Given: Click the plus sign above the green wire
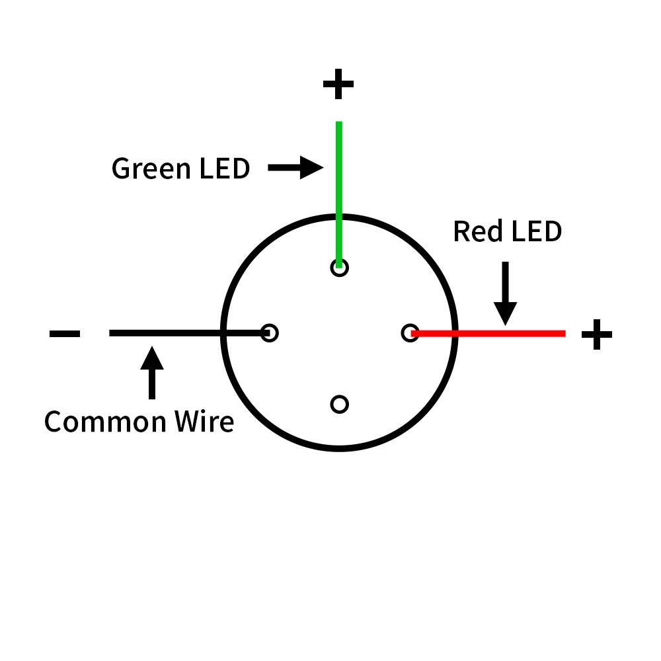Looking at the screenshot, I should [x=338, y=85].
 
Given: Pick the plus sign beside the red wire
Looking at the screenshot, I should [x=596, y=334].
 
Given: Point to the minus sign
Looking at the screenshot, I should [x=65, y=334].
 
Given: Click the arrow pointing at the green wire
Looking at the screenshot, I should [x=295, y=168].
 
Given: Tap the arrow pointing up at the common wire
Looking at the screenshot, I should [x=152, y=373].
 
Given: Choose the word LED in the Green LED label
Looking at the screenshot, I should [x=224, y=169].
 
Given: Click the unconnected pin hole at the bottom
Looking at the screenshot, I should [x=339, y=404].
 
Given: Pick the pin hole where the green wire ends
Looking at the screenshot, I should [x=339, y=267].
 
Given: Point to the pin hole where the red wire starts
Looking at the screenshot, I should [x=410, y=333].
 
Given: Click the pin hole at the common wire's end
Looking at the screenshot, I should [x=269, y=332].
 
